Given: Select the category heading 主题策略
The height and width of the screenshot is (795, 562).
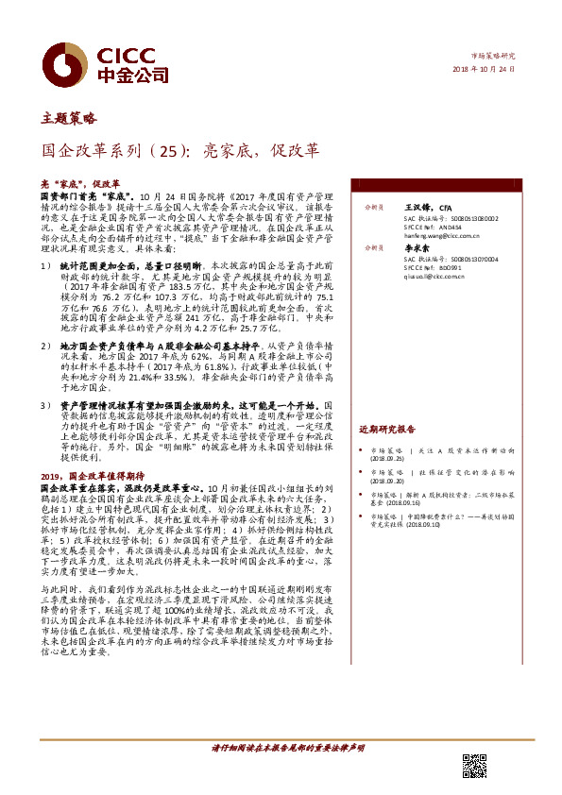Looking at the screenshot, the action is tap(69, 119).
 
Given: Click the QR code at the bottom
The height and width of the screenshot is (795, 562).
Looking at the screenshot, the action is tap(474, 767).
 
